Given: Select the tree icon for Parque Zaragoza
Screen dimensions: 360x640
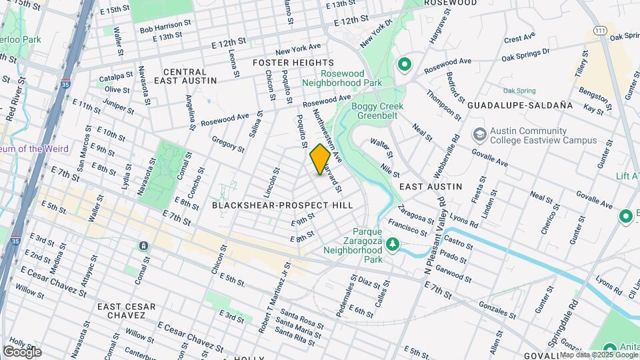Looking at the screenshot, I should [x=393, y=245].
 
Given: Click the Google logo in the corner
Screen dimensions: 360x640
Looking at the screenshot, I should [x=22, y=351].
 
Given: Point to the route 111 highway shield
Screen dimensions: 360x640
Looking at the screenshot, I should [x=601, y=31].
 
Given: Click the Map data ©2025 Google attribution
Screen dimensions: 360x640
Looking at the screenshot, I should [x=594, y=355].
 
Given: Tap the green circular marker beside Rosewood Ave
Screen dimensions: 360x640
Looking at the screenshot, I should [x=403, y=65].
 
